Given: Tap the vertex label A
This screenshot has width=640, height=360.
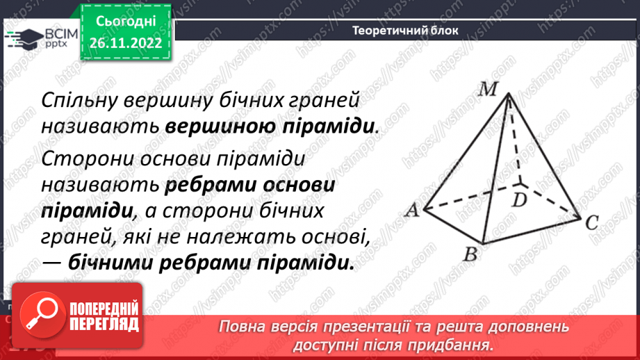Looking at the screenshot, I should coord(411,211).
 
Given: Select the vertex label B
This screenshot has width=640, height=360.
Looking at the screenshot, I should coord(470,254).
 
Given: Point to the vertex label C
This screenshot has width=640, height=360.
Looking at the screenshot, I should coord(591,223).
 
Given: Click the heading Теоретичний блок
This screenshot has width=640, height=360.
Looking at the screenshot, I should coord(405,30).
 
